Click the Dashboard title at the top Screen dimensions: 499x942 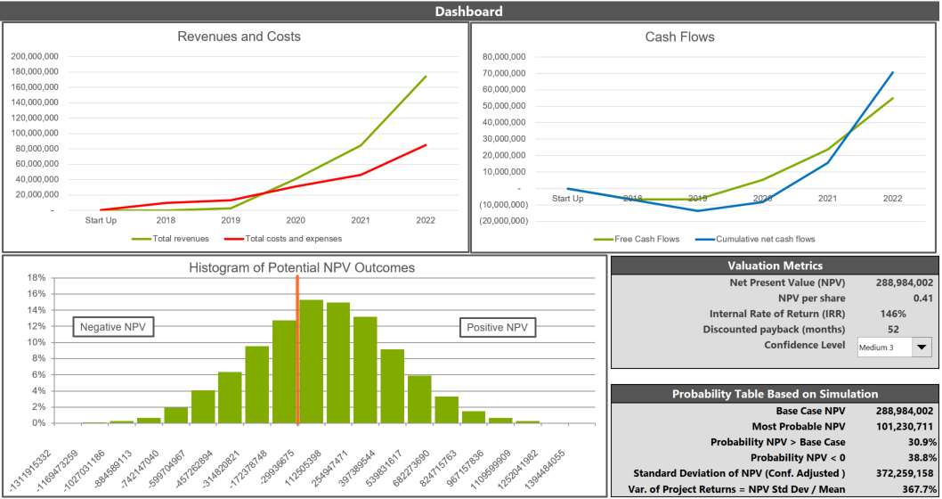pos(468,12)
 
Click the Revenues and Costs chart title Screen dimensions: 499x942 pos(239,37)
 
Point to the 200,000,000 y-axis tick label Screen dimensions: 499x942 pos(35,56)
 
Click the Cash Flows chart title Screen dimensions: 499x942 pos(679,37)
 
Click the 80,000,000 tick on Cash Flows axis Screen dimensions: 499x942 pos(503,56)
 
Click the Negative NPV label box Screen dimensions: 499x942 pos(112,328)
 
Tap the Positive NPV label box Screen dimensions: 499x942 pos(497,328)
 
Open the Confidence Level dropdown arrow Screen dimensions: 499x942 pos(921,348)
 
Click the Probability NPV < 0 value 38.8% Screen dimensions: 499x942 pos(920,457)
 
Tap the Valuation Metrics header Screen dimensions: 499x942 pos(775,266)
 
